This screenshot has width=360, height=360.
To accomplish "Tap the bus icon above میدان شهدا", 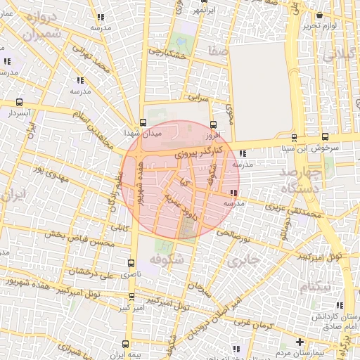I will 143,121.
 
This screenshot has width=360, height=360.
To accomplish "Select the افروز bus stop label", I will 213,134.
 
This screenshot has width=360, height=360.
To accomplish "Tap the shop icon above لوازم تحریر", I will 320,15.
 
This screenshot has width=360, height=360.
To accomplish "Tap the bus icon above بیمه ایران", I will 124,345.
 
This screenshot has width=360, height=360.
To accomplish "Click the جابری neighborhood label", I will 245,262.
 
